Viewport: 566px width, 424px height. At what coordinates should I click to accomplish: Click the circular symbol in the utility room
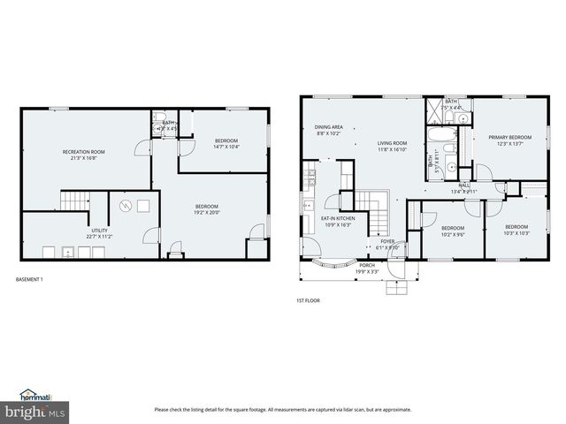tap(126, 207)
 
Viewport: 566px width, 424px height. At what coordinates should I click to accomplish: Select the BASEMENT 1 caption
tap(30, 280)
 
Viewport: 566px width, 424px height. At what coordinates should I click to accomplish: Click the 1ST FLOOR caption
tap(308, 301)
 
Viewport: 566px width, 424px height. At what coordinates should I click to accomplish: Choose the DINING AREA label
tap(329, 131)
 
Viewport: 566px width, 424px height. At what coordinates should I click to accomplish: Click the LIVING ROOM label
tap(392, 147)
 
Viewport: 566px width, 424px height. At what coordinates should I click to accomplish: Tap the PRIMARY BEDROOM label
tap(510, 140)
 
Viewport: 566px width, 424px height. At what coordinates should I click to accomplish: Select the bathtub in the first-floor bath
tap(441, 138)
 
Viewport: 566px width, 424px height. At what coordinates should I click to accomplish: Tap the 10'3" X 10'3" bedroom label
tap(516, 230)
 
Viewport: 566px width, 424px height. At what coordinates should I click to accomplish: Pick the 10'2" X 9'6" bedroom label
tap(453, 231)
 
